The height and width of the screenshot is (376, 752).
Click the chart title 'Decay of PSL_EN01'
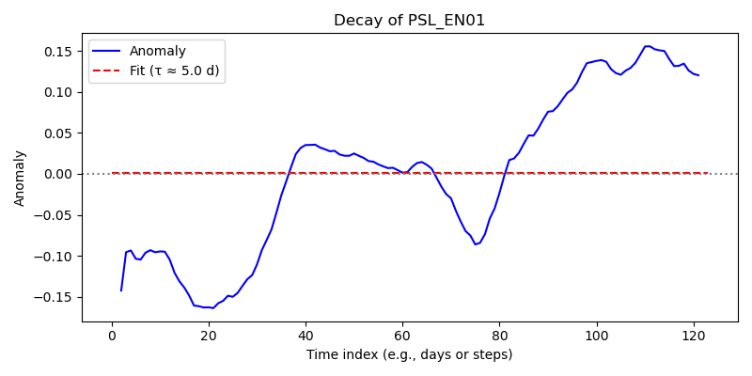(x=410, y=21)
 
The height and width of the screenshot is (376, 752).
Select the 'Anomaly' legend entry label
(x=157, y=51)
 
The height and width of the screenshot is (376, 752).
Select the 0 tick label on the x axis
(x=112, y=336)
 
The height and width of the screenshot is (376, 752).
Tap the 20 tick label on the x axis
(x=209, y=336)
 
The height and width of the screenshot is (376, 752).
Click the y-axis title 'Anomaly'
(x=19, y=179)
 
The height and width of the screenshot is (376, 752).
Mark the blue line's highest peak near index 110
(x=648, y=46)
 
